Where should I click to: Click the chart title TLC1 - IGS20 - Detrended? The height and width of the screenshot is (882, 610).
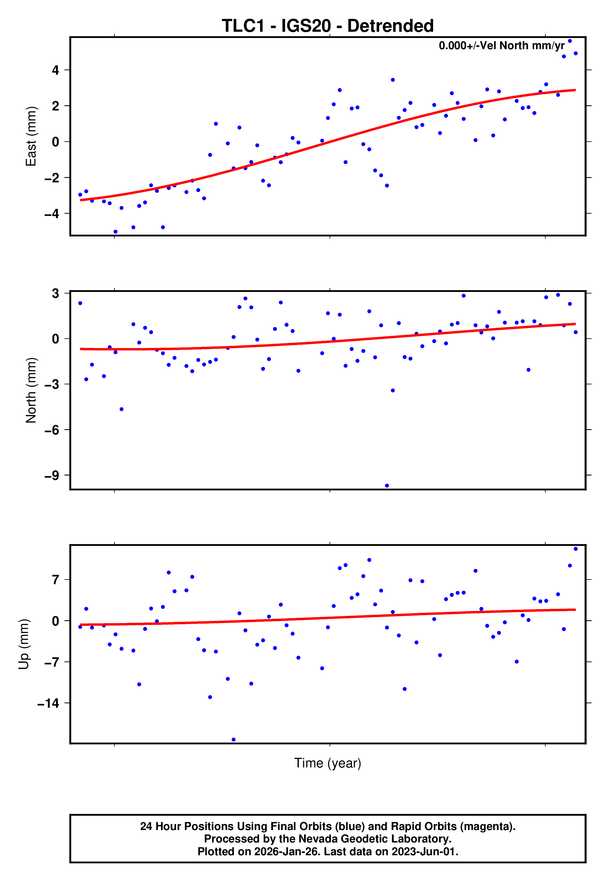click(328, 26)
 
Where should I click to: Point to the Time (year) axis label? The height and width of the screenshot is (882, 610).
click(328, 763)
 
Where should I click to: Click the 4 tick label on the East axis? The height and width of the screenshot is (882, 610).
click(56, 70)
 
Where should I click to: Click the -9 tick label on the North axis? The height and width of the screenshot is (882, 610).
click(52, 476)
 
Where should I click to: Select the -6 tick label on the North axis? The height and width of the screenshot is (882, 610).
click(52, 430)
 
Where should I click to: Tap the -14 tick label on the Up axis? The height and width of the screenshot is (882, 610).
click(49, 703)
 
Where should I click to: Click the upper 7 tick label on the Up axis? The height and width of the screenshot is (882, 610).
click(56, 580)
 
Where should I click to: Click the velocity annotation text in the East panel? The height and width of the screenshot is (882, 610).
click(501, 45)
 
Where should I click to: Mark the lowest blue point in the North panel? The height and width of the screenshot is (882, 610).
click(387, 486)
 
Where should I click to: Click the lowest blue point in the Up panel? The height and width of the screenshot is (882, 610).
click(233, 740)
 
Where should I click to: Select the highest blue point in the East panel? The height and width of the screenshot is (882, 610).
click(570, 41)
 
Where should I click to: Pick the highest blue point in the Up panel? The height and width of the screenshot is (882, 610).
click(575, 549)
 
